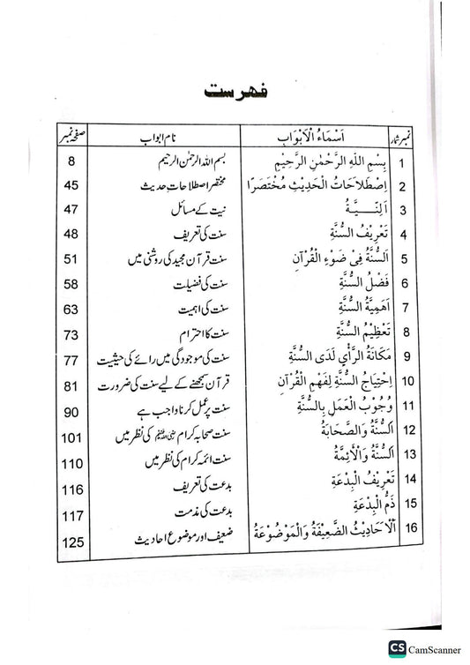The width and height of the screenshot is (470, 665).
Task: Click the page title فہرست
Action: click(x=235, y=91)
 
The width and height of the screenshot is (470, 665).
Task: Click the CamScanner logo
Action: click(x=422, y=647)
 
